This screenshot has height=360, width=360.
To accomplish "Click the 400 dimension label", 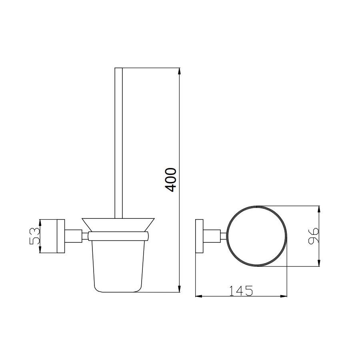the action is pos(171,180).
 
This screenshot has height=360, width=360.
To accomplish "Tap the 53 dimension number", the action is pos(35,236).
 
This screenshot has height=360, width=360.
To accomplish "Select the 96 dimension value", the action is pos(313,236).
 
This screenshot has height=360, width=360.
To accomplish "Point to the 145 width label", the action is pos(241,291).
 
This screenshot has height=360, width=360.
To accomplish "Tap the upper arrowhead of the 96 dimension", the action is pos(319,209).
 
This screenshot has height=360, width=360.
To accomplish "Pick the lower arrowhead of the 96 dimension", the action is pos(319,263).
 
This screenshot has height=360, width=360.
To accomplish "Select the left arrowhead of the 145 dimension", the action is pos(198,296).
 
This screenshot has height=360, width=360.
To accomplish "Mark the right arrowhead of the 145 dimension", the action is pos(284,296).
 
